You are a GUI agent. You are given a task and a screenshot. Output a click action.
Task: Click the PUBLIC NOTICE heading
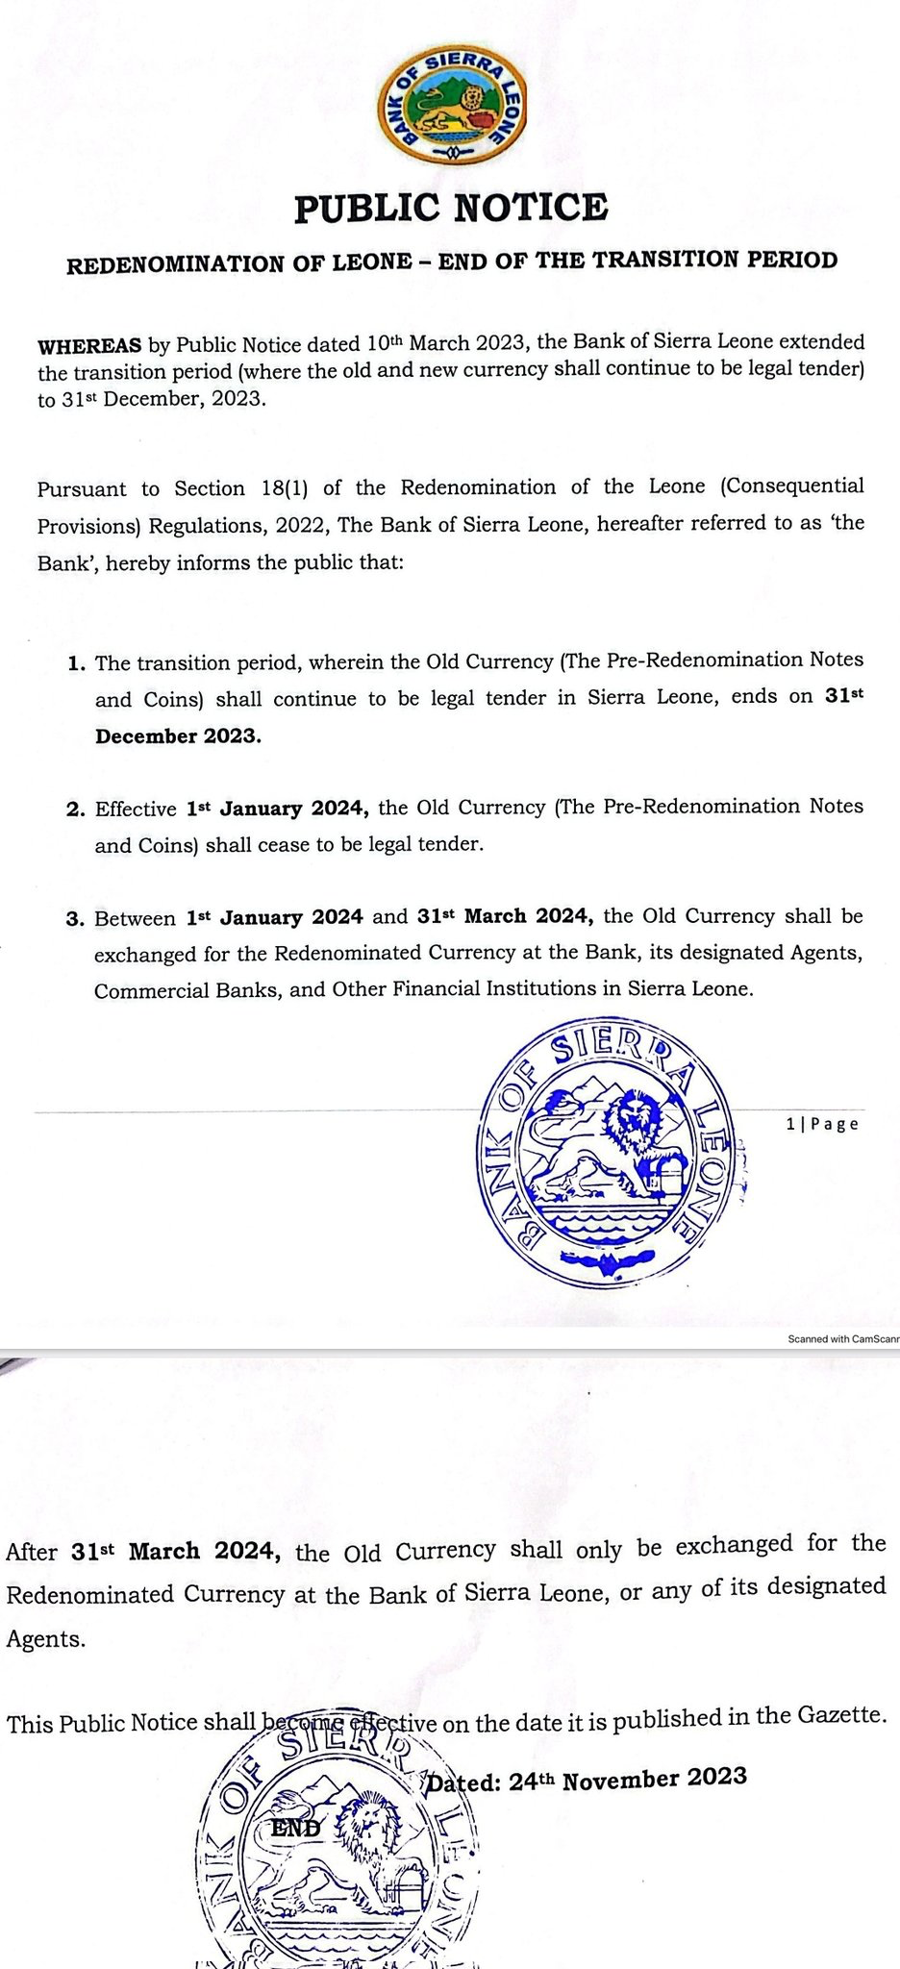tap(450, 208)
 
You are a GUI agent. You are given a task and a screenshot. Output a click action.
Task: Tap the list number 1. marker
tap(76, 664)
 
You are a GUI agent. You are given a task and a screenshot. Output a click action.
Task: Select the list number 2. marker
tap(76, 810)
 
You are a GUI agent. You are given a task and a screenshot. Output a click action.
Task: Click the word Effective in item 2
tap(136, 810)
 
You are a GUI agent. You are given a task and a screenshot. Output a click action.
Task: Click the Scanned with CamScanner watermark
tap(842, 1338)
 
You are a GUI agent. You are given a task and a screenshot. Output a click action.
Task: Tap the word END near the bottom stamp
tap(296, 1828)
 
